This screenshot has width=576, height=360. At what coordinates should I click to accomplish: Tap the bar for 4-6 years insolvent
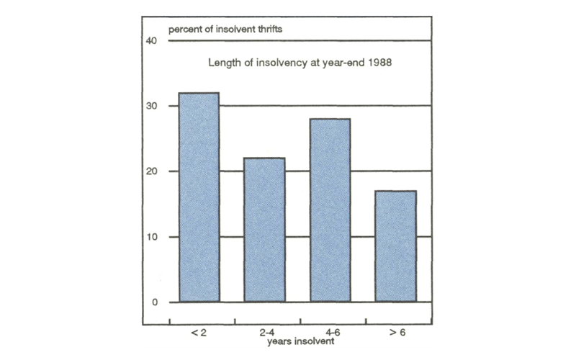click(329, 210)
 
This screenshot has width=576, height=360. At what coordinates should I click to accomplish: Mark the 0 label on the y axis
click(154, 302)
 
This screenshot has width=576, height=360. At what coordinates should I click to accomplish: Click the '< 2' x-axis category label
click(198, 333)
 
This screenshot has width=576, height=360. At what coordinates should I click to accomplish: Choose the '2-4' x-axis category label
click(264, 333)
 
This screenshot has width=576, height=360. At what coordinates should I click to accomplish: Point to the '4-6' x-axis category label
click(329, 333)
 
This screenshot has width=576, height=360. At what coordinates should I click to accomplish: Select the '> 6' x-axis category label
click(395, 333)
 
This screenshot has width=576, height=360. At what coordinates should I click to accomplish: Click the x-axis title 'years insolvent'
click(296, 342)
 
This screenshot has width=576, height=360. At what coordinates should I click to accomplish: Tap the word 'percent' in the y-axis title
click(184, 30)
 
